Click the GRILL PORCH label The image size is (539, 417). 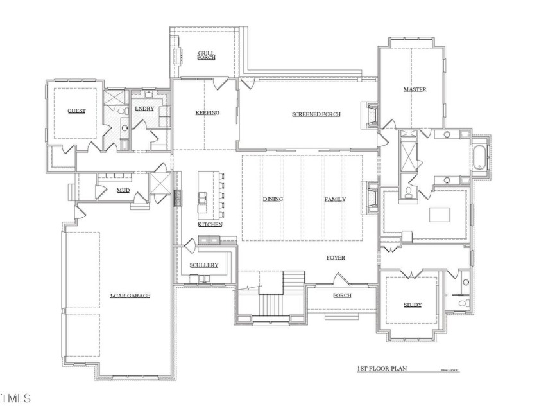click(x=207, y=55)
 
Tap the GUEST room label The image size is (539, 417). click(x=77, y=111)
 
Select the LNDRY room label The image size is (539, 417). click(x=144, y=109)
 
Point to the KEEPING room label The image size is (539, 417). click(x=207, y=113)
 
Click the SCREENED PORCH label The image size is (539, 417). click(x=316, y=114)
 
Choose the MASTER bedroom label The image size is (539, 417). click(x=415, y=89)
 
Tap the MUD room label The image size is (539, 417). click(x=123, y=191)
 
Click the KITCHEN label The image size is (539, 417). click(x=210, y=224)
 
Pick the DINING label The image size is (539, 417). click(x=273, y=199)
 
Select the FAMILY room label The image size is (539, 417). click(x=334, y=199)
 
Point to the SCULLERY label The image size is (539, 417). click(x=204, y=265)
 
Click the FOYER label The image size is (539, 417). click(x=336, y=258)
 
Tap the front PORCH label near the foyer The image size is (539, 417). click(x=341, y=296)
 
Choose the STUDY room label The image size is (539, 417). click(x=412, y=305)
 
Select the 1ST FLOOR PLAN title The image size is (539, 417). click(x=382, y=369)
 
